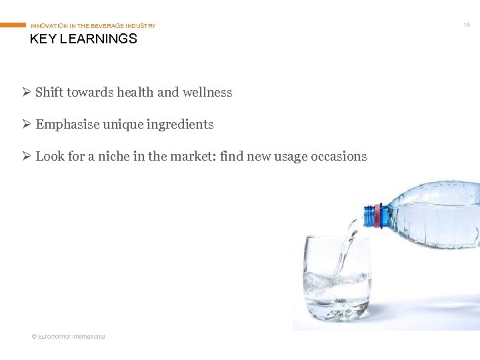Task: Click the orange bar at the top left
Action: [x=13, y=25]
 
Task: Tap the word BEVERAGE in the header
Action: [x=109, y=26]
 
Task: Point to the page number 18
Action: [x=467, y=25]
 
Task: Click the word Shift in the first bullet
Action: [x=49, y=93]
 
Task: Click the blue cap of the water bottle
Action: [x=368, y=217]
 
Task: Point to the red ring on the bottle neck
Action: [x=378, y=216]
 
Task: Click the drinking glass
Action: [x=336, y=277]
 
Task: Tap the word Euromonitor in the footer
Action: [x=57, y=337]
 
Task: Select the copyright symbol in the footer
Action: [x=34, y=337]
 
